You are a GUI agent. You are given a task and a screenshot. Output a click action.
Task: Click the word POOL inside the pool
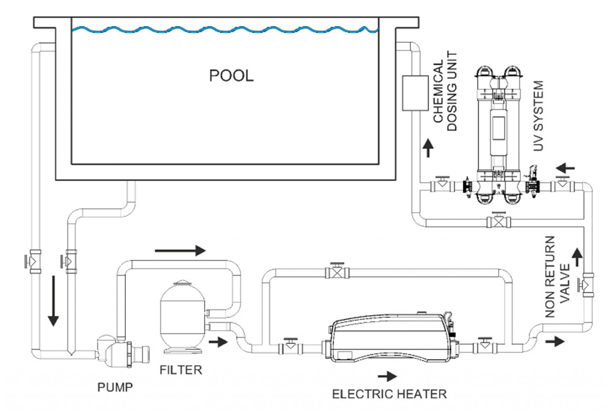(231, 76)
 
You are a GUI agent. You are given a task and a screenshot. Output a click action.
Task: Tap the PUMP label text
(115, 388)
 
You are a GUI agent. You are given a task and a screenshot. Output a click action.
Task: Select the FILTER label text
(181, 370)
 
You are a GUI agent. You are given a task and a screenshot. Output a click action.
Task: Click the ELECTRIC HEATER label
(389, 394)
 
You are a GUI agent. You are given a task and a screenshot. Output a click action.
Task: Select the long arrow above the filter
(180, 250)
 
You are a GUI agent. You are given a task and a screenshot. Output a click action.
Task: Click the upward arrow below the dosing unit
(428, 149)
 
